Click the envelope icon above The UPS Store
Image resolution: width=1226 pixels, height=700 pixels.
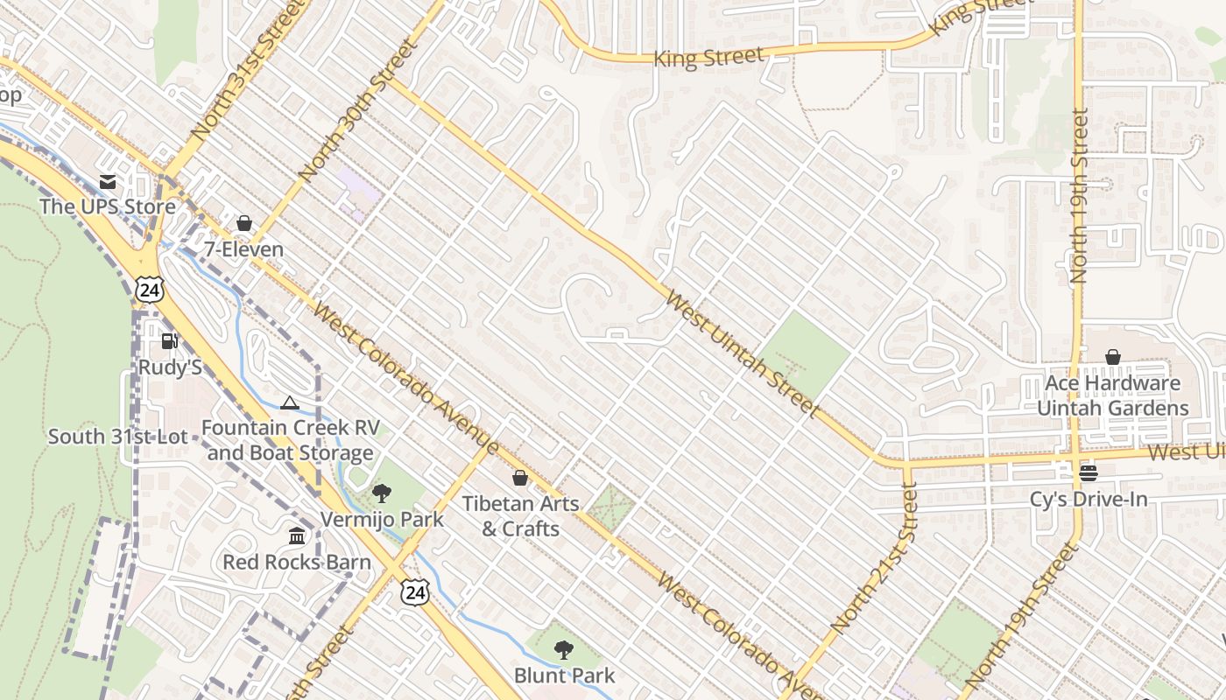108,182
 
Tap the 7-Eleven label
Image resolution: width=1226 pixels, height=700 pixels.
243,249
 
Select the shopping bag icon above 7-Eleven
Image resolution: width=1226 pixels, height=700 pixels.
244,224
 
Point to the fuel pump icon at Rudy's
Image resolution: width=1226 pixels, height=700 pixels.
170,341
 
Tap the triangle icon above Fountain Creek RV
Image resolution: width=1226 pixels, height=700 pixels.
290,402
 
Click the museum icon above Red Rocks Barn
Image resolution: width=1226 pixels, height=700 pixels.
297,535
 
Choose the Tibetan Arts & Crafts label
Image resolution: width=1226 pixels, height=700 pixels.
520,516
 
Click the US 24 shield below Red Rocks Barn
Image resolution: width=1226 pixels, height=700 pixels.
415,592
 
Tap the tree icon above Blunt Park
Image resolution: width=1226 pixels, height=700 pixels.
564,650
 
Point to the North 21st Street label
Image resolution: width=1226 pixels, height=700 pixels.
875,557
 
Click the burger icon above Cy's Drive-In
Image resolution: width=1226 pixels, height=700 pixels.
1089,473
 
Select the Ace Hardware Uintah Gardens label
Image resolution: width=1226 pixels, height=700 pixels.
1112,395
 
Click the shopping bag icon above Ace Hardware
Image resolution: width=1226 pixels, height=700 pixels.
1112,357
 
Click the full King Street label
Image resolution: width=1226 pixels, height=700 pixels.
709,58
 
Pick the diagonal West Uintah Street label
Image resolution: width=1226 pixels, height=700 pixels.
742,353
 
